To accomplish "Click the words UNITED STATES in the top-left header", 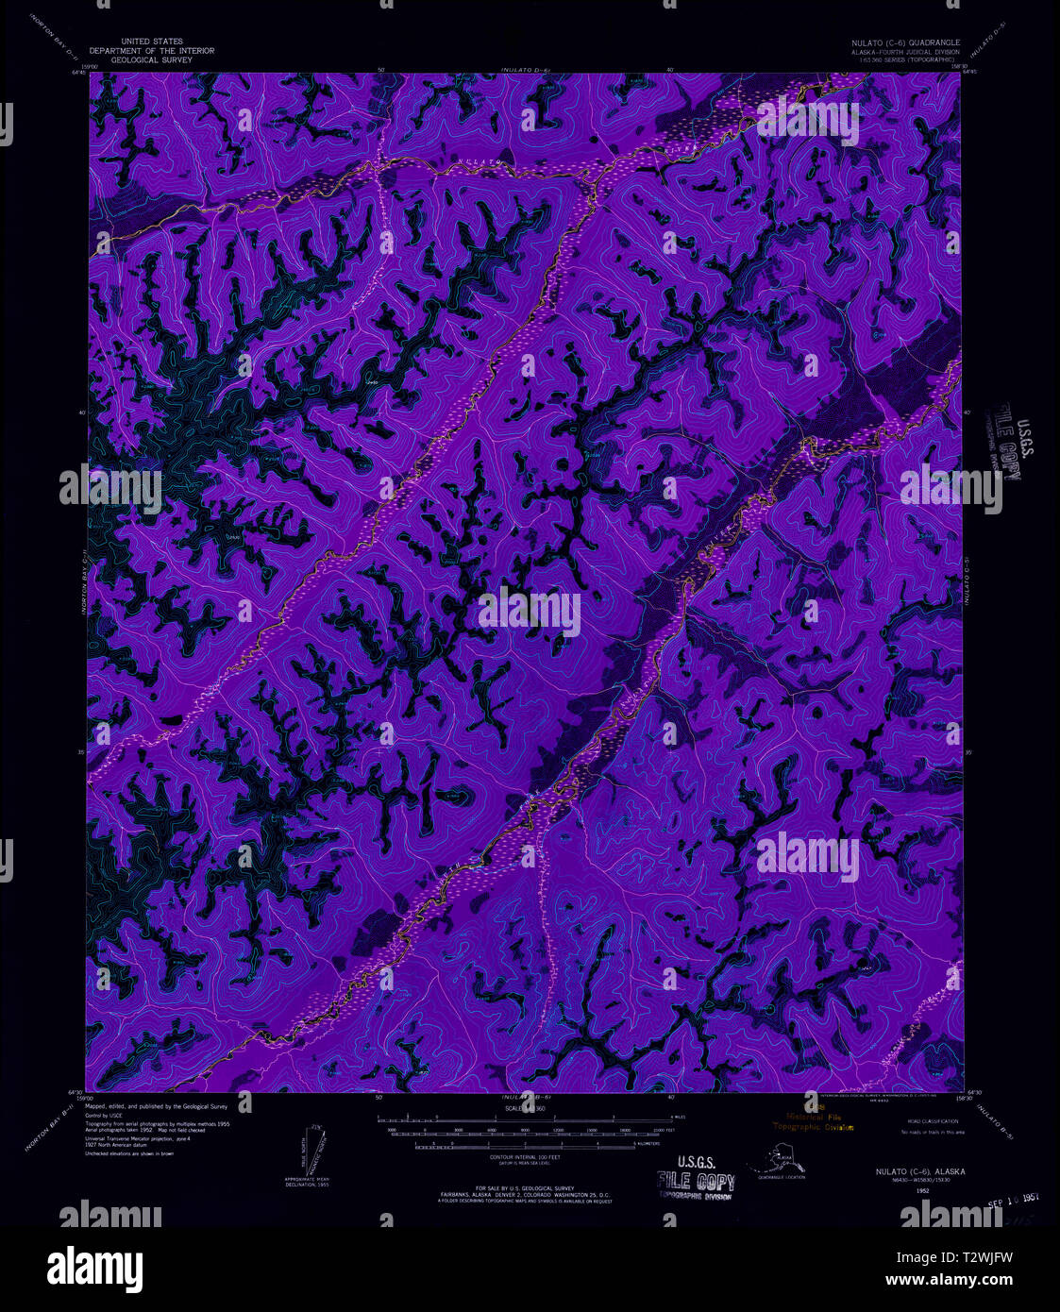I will coord(151,42).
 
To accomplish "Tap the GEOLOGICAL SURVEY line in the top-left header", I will coord(151,59).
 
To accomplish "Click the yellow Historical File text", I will coord(817,1117).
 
